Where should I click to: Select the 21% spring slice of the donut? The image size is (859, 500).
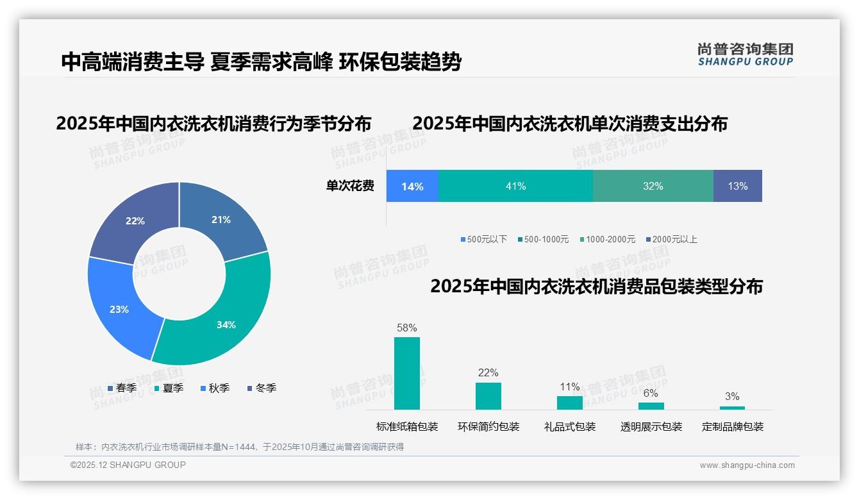(x=221, y=219)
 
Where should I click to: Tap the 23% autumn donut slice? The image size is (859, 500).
(x=119, y=309)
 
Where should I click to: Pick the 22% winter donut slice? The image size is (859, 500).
(x=135, y=221)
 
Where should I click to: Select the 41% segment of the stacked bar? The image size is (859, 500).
(x=515, y=186)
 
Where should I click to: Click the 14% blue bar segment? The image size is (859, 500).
(x=412, y=186)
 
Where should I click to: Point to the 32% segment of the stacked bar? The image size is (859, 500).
(x=653, y=186)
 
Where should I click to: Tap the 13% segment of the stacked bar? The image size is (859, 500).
(x=737, y=186)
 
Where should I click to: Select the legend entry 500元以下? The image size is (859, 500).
(x=483, y=239)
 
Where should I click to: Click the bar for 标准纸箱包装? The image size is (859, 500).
(x=407, y=373)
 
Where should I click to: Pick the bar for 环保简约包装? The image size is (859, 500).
(x=488, y=396)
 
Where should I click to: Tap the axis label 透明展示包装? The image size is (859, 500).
(x=651, y=427)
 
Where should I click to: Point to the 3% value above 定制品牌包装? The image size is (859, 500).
(x=732, y=396)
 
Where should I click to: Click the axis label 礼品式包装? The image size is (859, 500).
(x=570, y=427)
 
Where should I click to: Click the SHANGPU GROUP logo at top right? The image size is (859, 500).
(x=746, y=54)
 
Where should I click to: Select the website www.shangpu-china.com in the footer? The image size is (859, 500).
(x=747, y=465)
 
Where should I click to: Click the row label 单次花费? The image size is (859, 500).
(x=350, y=186)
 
